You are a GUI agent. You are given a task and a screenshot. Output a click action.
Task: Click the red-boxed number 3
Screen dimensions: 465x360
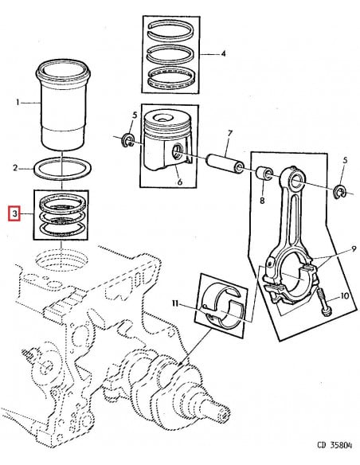tap(14, 214)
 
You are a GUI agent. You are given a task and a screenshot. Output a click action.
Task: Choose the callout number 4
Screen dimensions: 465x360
tap(224, 54)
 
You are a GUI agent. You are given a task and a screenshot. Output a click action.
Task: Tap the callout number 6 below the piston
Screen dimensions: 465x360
tap(179, 182)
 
